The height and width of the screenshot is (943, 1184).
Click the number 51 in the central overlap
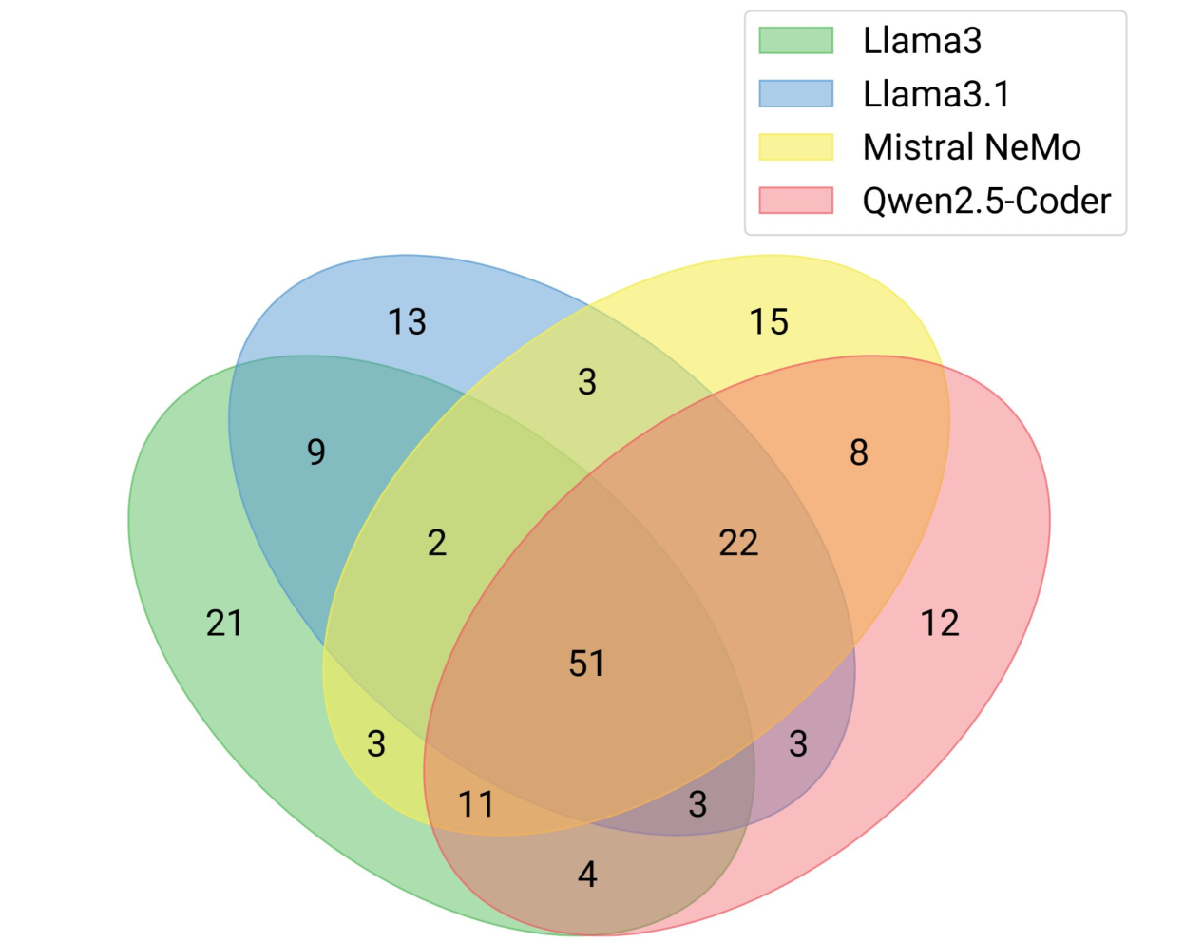click(586, 663)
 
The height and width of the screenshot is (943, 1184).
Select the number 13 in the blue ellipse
click(407, 321)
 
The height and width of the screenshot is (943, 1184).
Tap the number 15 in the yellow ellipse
click(769, 321)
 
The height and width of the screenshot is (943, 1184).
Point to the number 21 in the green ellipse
click(224, 623)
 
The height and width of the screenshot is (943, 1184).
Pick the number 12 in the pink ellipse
click(940, 623)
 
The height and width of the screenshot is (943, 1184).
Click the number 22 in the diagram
click(738, 543)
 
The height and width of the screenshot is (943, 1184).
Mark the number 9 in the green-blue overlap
click(316, 452)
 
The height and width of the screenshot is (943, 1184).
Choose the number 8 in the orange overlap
click(859, 452)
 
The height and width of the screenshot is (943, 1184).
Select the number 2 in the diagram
click(436, 543)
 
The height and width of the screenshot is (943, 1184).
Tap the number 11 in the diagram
click(476, 804)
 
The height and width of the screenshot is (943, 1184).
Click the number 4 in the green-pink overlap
click(587, 874)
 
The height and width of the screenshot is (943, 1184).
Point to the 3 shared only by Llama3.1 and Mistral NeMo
click(587, 381)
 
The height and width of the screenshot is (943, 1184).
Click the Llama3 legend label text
click(922, 41)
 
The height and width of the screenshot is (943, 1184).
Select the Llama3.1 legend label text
click(936, 94)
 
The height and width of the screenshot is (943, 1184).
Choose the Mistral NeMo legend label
click(971, 147)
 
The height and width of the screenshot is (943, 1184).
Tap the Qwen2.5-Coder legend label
click(986, 201)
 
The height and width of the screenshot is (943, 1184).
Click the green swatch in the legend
click(795, 41)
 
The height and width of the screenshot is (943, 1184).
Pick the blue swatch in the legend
click(795, 94)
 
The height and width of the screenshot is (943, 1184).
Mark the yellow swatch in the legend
click(795, 147)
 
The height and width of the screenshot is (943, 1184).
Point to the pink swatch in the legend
click(795, 201)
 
